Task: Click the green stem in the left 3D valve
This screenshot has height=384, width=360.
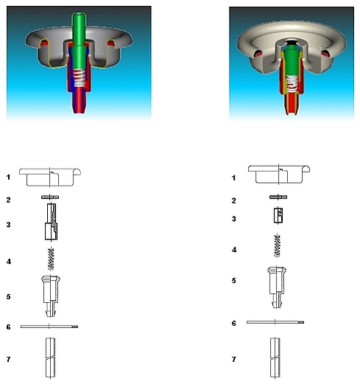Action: [x=79, y=42]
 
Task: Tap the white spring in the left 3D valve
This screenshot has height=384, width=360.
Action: [x=80, y=77]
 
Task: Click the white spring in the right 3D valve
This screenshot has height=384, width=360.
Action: [x=292, y=83]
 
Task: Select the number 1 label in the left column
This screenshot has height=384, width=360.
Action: [x=8, y=177]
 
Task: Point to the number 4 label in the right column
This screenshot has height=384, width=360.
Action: [x=234, y=250]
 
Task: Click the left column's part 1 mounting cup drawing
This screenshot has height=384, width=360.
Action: [x=50, y=177]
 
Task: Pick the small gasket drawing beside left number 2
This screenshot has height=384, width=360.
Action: [x=50, y=197]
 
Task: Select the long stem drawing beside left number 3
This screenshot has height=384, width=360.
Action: [x=52, y=221]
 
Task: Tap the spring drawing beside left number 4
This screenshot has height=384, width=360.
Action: [x=51, y=259]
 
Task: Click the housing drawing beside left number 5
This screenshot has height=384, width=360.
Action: [x=51, y=296]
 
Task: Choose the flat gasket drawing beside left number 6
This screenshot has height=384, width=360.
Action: [x=49, y=327]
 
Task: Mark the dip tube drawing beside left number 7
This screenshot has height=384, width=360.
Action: [x=50, y=357]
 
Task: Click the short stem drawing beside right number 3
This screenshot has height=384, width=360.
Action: [x=278, y=215]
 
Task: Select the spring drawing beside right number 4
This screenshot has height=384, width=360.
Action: [x=278, y=246]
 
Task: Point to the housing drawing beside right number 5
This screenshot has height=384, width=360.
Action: [x=277, y=287]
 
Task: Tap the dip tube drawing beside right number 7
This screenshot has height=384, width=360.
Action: [x=275, y=357]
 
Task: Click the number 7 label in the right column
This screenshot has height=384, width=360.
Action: [x=234, y=360]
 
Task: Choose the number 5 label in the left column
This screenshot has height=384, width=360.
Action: [x=9, y=297]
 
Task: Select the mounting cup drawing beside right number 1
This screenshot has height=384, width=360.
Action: [x=279, y=175]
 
